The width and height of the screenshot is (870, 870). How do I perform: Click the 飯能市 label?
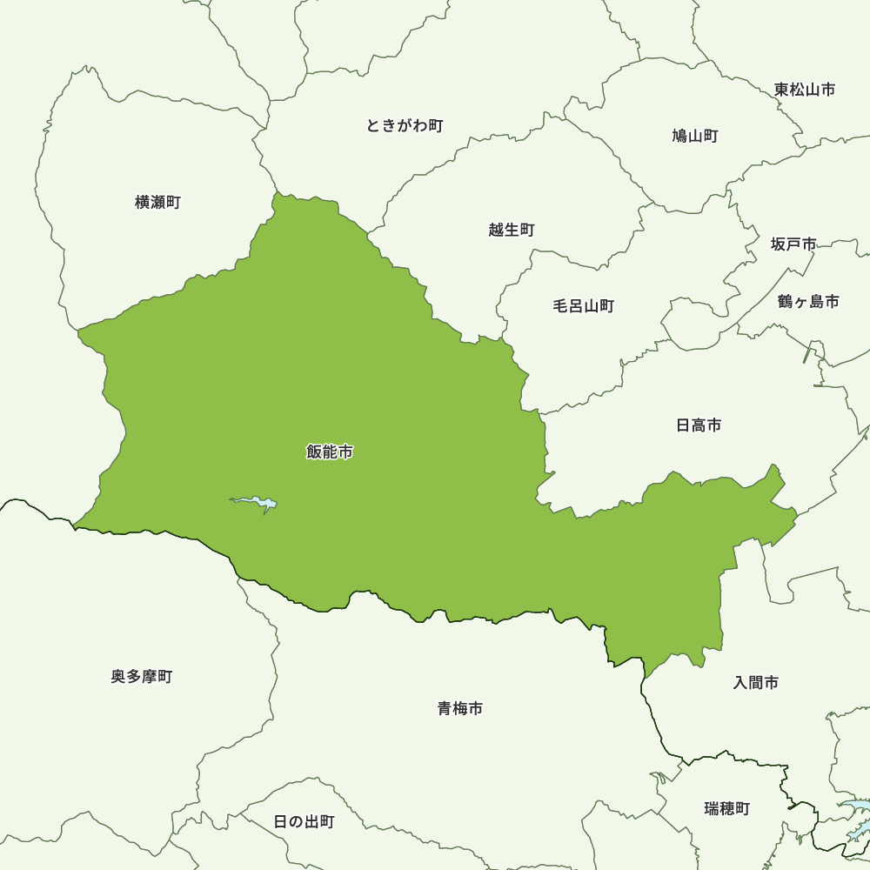tap(330, 452)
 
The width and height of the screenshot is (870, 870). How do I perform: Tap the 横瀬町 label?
tap(157, 202)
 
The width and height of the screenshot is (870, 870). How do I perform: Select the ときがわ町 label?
tap(405, 125)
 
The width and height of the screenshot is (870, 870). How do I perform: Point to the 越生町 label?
tap(512, 230)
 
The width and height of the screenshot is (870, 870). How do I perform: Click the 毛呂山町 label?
tap(584, 306)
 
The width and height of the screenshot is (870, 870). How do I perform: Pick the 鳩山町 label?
tap(695, 136)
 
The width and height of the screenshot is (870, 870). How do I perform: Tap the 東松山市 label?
tap(805, 90)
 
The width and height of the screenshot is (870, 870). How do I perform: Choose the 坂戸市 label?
tap(793, 244)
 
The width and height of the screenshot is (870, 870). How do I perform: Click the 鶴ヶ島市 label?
tap(808, 302)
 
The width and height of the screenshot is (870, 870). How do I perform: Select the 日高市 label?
tap(699, 425)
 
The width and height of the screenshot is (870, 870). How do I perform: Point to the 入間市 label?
tap(756, 683)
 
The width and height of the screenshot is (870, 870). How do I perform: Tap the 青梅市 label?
tap(460, 709)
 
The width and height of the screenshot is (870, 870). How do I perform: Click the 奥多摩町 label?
tap(142, 677)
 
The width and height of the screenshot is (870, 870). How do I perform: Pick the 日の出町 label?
tap(304, 821)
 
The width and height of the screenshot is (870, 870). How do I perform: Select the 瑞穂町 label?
tap(726, 809)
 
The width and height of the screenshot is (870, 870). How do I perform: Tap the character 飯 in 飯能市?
tap(314, 452)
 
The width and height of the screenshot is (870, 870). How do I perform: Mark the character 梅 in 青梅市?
tap(460, 709)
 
